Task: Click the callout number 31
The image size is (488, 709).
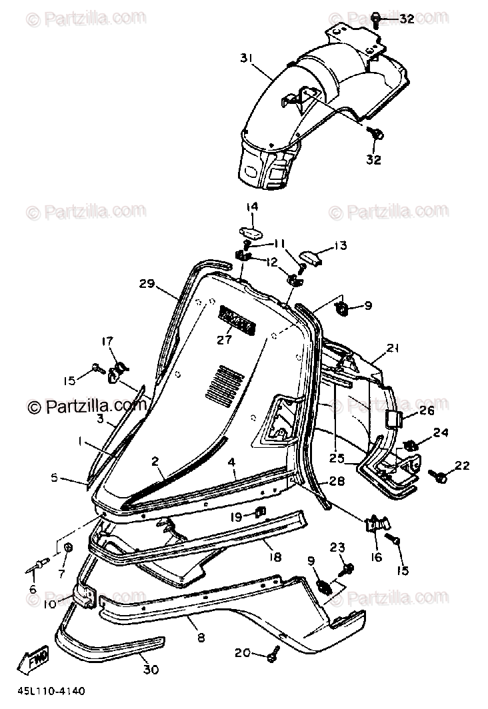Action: [x=247, y=59]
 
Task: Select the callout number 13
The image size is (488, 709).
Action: [x=341, y=246]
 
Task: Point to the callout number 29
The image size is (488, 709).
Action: [x=147, y=284]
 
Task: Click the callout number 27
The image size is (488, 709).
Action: [x=224, y=339]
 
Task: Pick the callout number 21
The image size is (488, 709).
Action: [x=393, y=347]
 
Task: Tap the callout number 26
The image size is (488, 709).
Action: [x=427, y=410]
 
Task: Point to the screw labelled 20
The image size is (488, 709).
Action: [x=272, y=656]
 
